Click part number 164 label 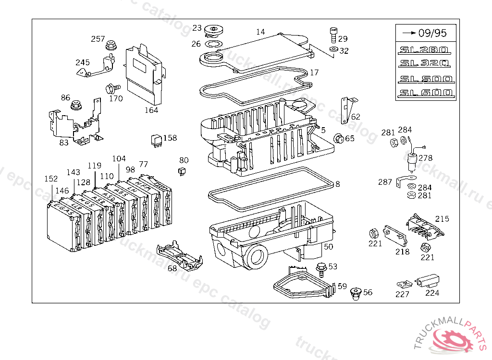(151, 110)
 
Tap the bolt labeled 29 (333, 35)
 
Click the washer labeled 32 (333, 49)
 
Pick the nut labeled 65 (338, 139)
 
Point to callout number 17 (314, 73)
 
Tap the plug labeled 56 (356, 293)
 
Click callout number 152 (51, 179)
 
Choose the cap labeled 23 (211, 32)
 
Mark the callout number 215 (442, 219)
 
